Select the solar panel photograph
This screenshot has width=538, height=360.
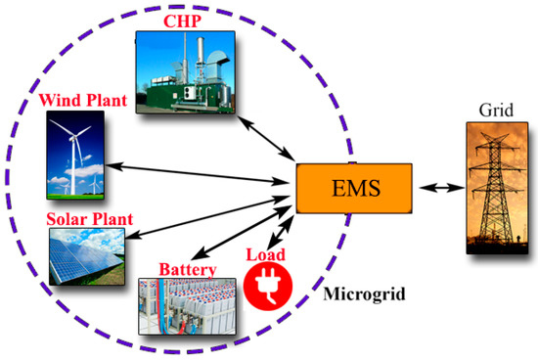(83, 256)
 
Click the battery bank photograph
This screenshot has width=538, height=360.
(185, 307)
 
